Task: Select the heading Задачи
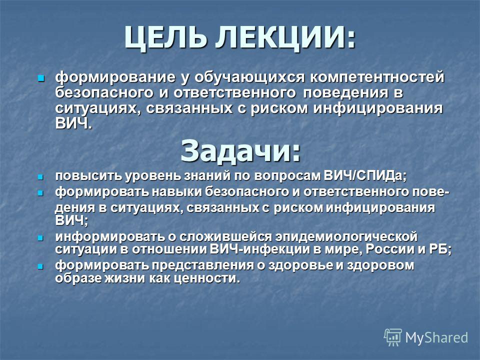tap(240, 150)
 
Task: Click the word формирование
tap(115, 77)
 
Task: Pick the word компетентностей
tap(377, 77)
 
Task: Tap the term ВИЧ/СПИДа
tap(365, 176)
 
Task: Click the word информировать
tap(109, 236)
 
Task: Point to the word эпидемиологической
tap(346, 237)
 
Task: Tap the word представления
tap(203, 265)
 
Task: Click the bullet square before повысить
tap(40, 177)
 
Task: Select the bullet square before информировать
tap(40, 238)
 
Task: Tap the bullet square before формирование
tap(40, 78)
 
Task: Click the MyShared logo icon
tap(393, 337)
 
